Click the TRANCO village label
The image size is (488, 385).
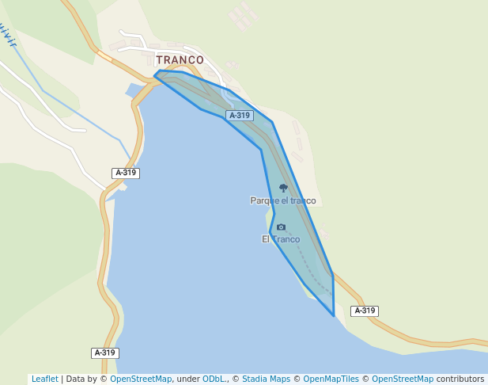click(x=180, y=60)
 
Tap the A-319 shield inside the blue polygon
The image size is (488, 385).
click(x=239, y=116)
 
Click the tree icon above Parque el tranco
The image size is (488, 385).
click(x=283, y=189)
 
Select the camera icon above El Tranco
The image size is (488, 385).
click(x=281, y=227)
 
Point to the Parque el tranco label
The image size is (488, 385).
click(x=282, y=201)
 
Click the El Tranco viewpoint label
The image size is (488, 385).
click(x=281, y=239)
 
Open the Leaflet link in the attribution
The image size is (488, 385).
click(x=45, y=379)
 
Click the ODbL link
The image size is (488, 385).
click(x=214, y=379)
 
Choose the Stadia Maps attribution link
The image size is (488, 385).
click(x=266, y=379)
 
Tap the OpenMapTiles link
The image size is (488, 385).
click(x=331, y=379)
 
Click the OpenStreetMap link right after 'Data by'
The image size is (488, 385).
click(x=141, y=379)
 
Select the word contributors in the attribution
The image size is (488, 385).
click(x=460, y=379)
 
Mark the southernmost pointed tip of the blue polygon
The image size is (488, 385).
click(x=334, y=315)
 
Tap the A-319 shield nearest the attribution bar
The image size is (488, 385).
click(x=104, y=353)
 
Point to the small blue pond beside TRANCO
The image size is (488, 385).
click(x=133, y=90)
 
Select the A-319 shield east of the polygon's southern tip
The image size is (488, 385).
click(x=364, y=311)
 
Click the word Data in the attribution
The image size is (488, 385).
click(x=77, y=379)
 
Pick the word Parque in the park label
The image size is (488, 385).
click(x=262, y=201)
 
